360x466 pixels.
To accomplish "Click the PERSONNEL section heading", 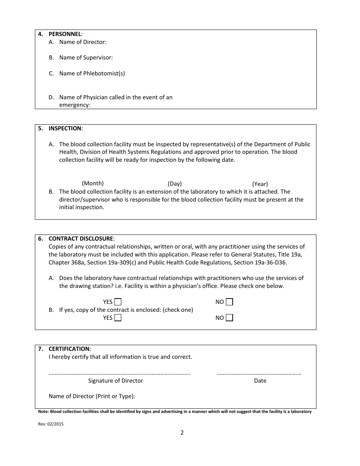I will (x=65, y=34).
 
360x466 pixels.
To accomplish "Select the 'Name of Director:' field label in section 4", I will (x=83, y=42).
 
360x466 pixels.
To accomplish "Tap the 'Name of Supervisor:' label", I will (x=86, y=58).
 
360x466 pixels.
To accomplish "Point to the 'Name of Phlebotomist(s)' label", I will (x=92, y=73).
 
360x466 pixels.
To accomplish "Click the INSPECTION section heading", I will (x=65, y=128).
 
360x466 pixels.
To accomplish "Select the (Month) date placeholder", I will (x=93, y=183).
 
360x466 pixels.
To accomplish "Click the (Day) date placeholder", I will (x=175, y=184).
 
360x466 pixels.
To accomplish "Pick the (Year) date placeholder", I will (x=260, y=184).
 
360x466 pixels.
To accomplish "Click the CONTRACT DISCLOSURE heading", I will (x=81, y=239).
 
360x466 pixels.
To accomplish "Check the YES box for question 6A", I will (x=118, y=302).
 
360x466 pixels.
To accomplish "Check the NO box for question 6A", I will (x=229, y=302).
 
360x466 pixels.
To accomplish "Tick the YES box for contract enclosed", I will (x=118, y=318).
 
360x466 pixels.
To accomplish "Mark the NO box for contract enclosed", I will (x=229, y=318).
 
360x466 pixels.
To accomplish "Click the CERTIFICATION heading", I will (x=69, y=349).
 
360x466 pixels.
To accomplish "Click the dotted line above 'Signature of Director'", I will (x=119, y=374).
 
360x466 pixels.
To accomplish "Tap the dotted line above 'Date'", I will (x=259, y=374).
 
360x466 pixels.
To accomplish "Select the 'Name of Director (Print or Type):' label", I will (x=92, y=396).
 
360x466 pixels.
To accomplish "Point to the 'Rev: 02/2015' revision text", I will (x=51, y=424).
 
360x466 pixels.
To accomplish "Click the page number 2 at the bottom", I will (x=182, y=433).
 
